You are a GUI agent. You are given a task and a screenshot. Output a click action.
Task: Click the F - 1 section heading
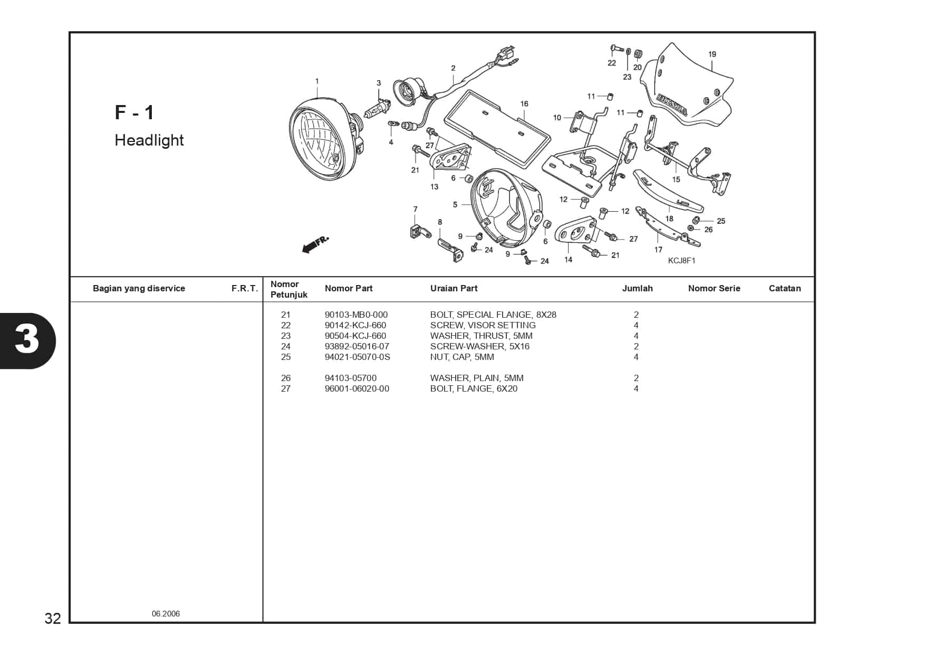[134, 112]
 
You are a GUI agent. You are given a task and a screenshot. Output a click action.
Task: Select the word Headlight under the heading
[149, 140]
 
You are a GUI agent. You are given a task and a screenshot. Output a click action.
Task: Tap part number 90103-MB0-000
[356, 315]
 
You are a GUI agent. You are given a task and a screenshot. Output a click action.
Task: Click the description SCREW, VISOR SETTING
[483, 325]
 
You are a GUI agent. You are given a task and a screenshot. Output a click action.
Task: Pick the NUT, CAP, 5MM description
[462, 357]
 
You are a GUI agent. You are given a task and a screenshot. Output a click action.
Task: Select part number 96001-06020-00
[357, 388]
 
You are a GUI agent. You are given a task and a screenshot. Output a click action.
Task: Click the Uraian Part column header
[454, 288]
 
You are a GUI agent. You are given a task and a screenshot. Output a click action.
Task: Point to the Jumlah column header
[637, 288]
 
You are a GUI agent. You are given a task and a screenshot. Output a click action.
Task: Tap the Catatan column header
[784, 288]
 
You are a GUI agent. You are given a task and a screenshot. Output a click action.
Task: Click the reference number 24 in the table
[286, 346]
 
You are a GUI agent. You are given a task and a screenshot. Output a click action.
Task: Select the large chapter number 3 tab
[26, 340]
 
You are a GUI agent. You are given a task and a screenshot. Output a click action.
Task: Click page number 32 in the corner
[53, 618]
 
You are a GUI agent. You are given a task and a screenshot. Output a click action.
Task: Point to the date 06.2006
[166, 614]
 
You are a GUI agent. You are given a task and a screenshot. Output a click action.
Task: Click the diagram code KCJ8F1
[681, 261]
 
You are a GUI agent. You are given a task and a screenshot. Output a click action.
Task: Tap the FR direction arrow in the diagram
[315, 244]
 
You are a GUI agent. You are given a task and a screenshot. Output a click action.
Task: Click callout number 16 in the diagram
[524, 104]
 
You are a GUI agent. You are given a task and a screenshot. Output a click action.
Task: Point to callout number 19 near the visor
[712, 54]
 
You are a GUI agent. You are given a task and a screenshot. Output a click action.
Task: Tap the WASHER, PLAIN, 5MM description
[477, 378]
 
